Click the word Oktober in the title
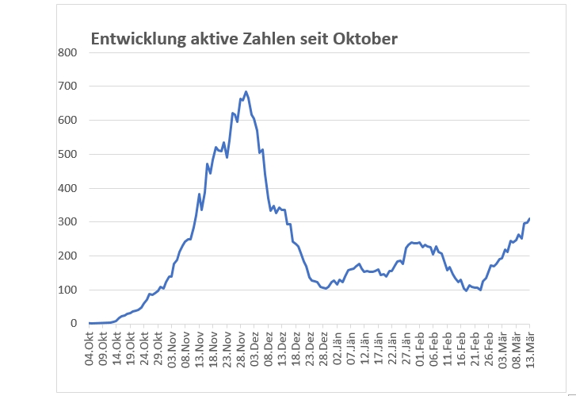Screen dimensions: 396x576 click(x=365, y=38)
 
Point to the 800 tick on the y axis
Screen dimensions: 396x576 click(x=66, y=52)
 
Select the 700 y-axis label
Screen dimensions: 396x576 click(x=66, y=86)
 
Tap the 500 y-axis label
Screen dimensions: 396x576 click(x=66, y=154)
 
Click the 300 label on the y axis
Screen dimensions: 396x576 click(x=66, y=222)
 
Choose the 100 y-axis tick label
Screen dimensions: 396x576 click(x=66, y=290)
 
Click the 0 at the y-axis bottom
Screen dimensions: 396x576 click(x=71, y=324)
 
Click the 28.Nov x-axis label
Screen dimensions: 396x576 click(x=242, y=348)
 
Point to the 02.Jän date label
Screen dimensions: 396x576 click(x=338, y=348)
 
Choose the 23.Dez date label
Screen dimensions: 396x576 click(x=311, y=348)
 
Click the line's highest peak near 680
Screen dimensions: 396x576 click(x=246, y=92)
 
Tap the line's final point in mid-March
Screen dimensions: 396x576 click(x=529, y=218)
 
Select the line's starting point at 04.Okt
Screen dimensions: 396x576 click(x=90, y=323)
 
